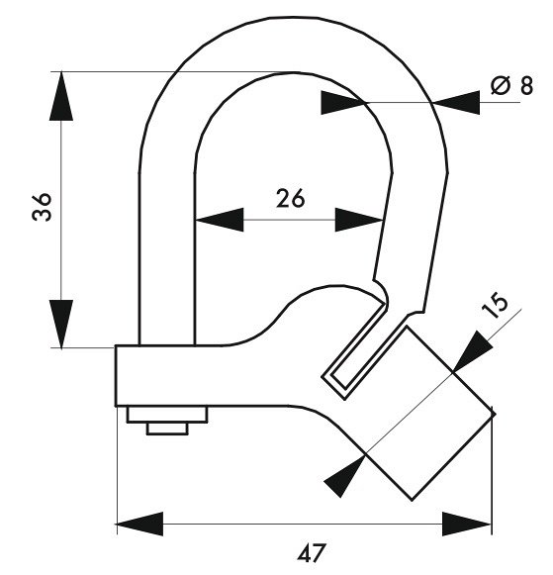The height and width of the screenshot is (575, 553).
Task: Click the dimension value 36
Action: pyautogui.click(x=42, y=207)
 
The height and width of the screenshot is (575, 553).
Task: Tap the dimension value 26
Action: pyautogui.click(x=290, y=198)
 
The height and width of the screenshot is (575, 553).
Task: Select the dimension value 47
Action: pyautogui.click(x=312, y=553)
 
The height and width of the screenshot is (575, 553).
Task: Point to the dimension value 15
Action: pyautogui.click(x=496, y=305)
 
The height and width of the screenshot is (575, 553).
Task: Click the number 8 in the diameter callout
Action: pyautogui.click(x=526, y=85)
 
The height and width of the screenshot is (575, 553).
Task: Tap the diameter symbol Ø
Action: pyautogui.click(x=501, y=85)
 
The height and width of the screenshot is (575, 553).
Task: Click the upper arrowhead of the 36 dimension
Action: pyautogui.click(x=61, y=96)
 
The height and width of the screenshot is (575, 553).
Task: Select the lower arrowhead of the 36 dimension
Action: pyautogui.click(x=61, y=324)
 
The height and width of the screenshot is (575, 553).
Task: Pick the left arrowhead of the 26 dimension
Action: pyautogui.click(x=220, y=220)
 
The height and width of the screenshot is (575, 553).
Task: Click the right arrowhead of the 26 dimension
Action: pyautogui.click(x=359, y=220)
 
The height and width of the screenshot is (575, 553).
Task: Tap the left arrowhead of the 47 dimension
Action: pyautogui.click(x=140, y=524)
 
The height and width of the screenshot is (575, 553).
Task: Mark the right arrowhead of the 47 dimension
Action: pyautogui.click(x=467, y=524)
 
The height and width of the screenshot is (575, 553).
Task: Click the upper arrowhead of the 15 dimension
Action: pyautogui.click(x=474, y=351)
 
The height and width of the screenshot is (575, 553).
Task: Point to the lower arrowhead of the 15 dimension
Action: pyautogui.click(x=345, y=476)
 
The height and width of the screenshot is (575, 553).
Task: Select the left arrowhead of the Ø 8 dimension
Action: pyautogui.click(x=341, y=103)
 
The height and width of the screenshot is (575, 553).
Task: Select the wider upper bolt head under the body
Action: pyautogui.click(x=167, y=415)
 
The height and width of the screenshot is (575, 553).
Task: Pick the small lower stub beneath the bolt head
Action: pyautogui.click(x=167, y=429)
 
